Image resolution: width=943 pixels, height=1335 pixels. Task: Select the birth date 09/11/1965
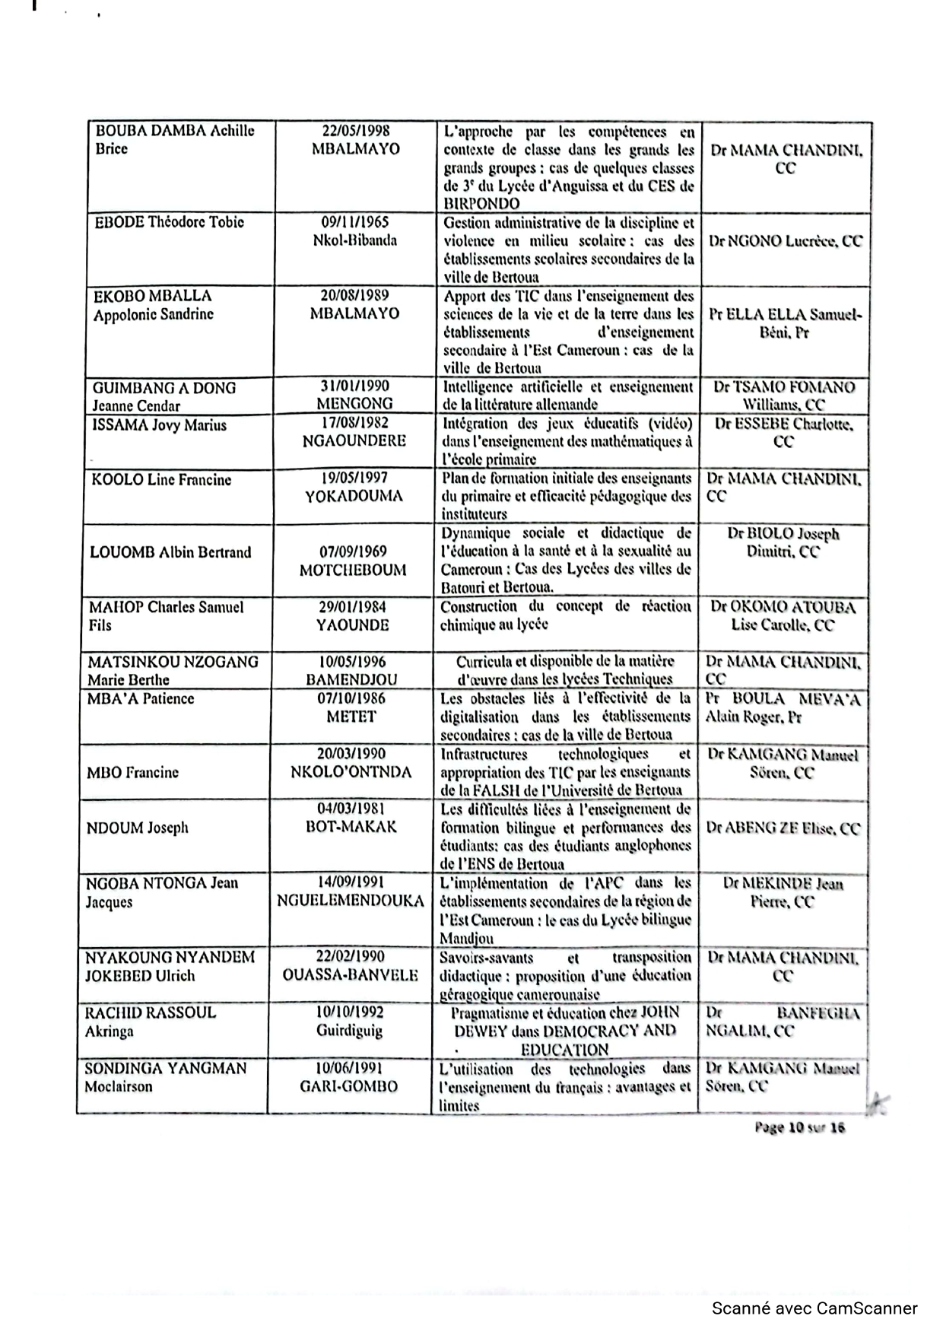[x=354, y=222]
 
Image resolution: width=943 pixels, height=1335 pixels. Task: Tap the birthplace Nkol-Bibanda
[x=354, y=240]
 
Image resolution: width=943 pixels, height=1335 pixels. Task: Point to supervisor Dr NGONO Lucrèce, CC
[x=786, y=241]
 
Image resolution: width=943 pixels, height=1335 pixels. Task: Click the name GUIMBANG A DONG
[x=164, y=388]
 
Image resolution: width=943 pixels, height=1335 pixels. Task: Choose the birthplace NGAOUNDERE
[x=354, y=440]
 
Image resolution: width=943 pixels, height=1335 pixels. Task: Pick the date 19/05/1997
[x=354, y=478]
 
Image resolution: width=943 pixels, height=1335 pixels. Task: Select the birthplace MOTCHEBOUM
[x=353, y=570]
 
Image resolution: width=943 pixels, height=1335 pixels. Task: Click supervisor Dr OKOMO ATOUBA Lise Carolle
[x=783, y=616]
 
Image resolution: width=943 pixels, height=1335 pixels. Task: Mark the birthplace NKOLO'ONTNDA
[x=351, y=772]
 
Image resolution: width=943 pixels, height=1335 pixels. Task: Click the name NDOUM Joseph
[x=137, y=828]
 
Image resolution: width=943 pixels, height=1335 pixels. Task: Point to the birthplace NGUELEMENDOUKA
[x=351, y=901]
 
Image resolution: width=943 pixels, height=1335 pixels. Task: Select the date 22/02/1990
[x=351, y=956]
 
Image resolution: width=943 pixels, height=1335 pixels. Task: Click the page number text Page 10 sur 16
[x=799, y=1127]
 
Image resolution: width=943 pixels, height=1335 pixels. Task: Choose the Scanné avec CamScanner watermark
[x=814, y=1308]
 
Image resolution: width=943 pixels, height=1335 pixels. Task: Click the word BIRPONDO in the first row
[x=481, y=204]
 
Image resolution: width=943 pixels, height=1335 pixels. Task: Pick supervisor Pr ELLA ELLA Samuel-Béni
[x=786, y=323]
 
